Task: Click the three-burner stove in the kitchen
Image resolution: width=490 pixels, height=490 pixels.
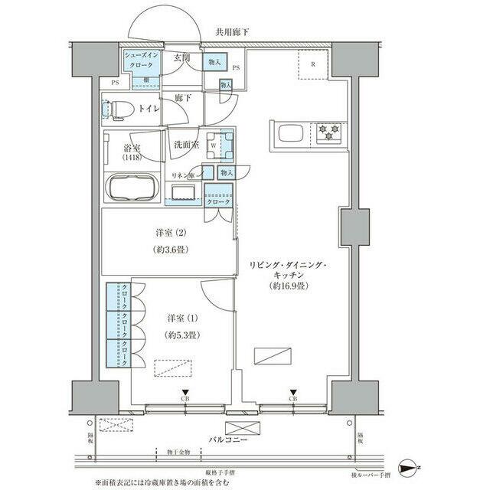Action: click(328, 133)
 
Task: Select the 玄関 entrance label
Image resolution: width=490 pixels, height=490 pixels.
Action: click(181, 58)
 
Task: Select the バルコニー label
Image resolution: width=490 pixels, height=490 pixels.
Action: click(233, 440)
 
